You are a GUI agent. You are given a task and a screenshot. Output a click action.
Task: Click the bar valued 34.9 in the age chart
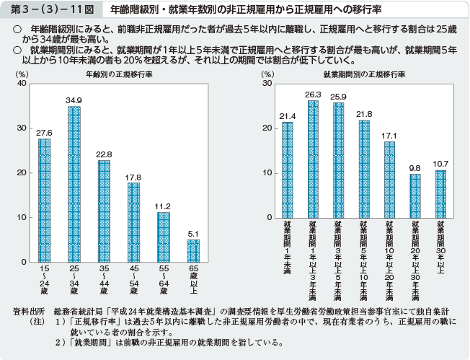point(74,184)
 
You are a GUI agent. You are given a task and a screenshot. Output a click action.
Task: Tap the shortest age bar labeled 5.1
point(193,250)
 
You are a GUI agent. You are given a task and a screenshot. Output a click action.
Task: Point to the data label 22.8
point(104,154)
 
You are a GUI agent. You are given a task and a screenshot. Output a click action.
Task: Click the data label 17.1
point(389,135)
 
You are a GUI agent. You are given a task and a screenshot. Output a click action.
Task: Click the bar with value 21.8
point(364,169)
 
